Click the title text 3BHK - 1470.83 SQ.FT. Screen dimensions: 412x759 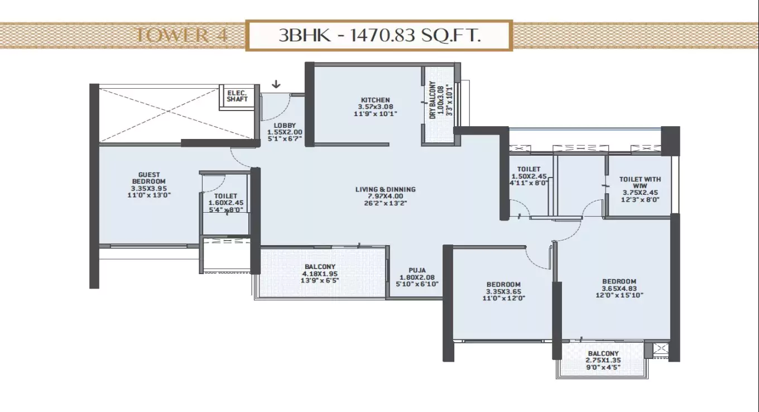point(379,36)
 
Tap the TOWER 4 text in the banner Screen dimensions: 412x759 point(180,36)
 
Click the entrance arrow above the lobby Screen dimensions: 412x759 point(276,85)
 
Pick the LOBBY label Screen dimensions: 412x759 point(285,125)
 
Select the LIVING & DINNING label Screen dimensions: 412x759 point(385,189)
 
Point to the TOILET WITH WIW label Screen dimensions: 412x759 point(640,183)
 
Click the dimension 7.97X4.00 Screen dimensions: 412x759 point(385,197)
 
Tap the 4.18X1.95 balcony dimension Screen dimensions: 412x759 point(319,274)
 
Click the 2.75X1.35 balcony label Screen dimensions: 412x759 point(603,361)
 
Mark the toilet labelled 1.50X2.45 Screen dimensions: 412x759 point(528,175)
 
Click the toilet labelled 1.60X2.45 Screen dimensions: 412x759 point(225,203)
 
